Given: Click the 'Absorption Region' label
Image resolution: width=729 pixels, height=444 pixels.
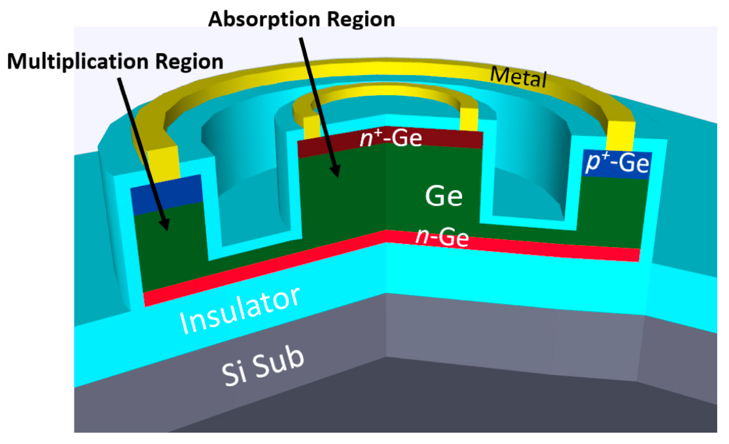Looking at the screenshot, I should click(301, 20).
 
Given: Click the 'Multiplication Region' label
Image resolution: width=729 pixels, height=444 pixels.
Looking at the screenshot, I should click(115, 61).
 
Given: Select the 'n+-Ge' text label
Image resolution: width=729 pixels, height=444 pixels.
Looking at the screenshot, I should click(390, 138).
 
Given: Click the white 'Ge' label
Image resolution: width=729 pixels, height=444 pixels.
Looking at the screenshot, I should click(444, 196).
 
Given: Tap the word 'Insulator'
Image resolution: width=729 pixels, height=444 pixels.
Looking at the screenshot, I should click(240, 311).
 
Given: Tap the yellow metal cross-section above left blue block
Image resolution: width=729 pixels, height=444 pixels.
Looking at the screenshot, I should click(164, 164).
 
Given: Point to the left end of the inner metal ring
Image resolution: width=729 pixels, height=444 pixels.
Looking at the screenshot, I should click(311, 128).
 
